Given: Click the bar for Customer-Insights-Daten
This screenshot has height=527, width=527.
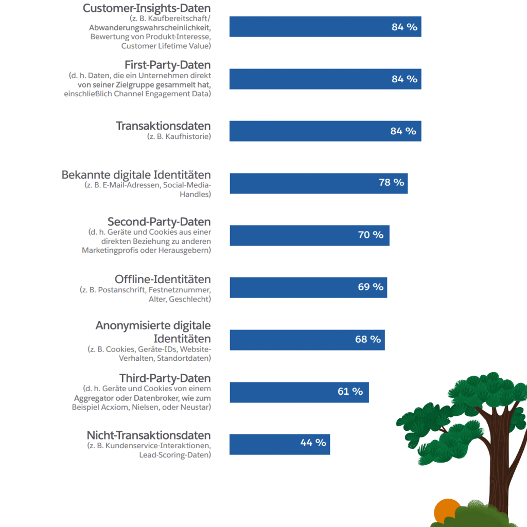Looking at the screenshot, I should tap(325, 27).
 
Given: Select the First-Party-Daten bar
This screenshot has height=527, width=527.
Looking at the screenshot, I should tap(325, 79).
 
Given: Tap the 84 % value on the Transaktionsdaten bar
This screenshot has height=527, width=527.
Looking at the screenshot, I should tap(403, 131).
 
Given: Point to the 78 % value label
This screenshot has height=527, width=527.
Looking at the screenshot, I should tap(392, 183).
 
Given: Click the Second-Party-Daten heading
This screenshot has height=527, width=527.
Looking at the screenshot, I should tap(159, 222).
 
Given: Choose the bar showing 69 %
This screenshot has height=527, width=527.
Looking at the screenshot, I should tap(308, 287).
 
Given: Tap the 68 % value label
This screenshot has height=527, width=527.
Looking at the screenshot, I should tap(368, 340).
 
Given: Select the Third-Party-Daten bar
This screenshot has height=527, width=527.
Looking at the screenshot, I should tap(299, 392).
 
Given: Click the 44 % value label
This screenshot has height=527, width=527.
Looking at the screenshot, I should tap(313, 443).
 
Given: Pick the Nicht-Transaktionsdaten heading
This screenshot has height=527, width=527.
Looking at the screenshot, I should tap(149, 435).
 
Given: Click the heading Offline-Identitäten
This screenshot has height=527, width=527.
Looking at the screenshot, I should tap(163, 279).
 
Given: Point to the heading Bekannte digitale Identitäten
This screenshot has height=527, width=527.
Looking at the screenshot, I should tap(136, 175).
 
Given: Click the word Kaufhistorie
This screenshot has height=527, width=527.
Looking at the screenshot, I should tap(188, 136).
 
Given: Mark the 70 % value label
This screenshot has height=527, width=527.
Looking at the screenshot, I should tap(371, 235).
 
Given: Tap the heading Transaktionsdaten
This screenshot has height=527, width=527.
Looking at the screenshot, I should tap(164, 126).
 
